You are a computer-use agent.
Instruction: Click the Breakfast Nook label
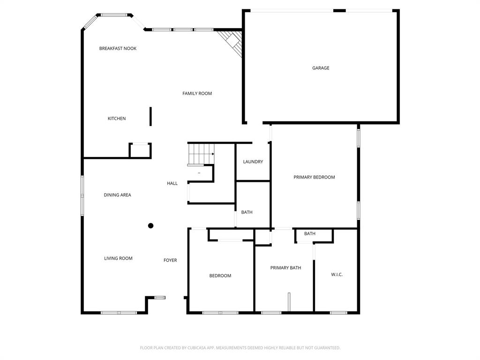tap(118, 48)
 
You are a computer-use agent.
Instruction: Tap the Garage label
tap(321, 68)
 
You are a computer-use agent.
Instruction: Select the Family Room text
tap(197, 93)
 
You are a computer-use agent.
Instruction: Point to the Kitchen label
tap(117, 119)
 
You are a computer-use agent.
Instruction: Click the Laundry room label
tap(253, 162)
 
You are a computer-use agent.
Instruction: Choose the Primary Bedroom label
tap(314, 177)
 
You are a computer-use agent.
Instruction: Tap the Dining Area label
tap(117, 195)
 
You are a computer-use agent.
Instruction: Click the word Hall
tap(172, 183)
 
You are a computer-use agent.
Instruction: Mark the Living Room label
tap(118, 258)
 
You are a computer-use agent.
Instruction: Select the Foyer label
tap(170, 260)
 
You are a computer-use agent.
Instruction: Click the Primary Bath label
tap(285, 268)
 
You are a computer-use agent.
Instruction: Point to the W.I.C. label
tap(337, 274)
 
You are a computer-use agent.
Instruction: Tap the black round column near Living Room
tap(151, 225)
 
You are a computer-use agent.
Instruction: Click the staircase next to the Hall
tap(201, 154)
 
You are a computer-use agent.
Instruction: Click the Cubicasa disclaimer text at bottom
tap(240, 348)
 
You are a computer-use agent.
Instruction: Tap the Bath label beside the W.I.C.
tap(309, 233)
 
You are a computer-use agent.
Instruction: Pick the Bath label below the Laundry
tap(247, 212)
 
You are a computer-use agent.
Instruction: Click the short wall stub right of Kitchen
tap(150, 116)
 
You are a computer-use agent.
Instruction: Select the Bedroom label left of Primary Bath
tap(220, 276)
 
